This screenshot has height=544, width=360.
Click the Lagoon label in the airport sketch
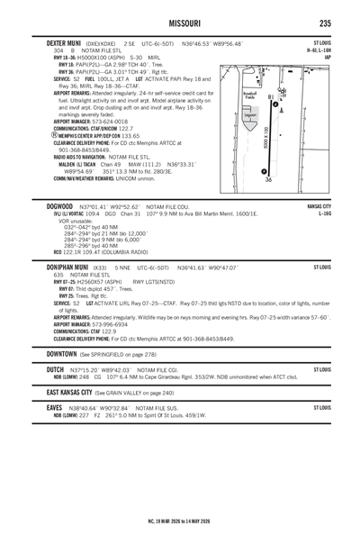click(251, 115)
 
